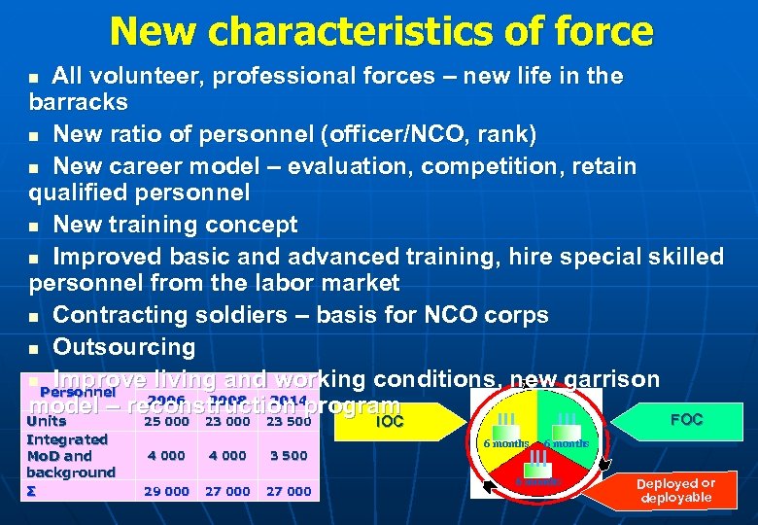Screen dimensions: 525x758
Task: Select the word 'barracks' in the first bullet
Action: pyautogui.click(x=79, y=101)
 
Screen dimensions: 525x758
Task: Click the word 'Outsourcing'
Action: pyautogui.click(x=123, y=347)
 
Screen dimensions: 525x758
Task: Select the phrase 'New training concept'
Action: pyautogui.click(x=175, y=225)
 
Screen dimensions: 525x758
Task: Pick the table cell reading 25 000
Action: pyautogui.click(x=166, y=421)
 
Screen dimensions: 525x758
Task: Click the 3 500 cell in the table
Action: pyautogui.click(x=288, y=455)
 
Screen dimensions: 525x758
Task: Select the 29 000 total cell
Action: pyautogui.click(x=166, y=491)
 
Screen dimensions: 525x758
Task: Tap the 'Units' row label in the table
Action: pyautogui.click(x=47, y=421)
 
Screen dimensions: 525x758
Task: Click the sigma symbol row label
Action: pyautogui.click(x=31, y=490)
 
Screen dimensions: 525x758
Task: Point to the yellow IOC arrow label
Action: pyautogui.click(x=389, y=421)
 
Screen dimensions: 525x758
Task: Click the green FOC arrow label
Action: pyautogui.click(x=686, y=420)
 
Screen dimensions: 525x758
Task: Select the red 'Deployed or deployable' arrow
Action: pyautogui.click(x=674, y=490)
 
